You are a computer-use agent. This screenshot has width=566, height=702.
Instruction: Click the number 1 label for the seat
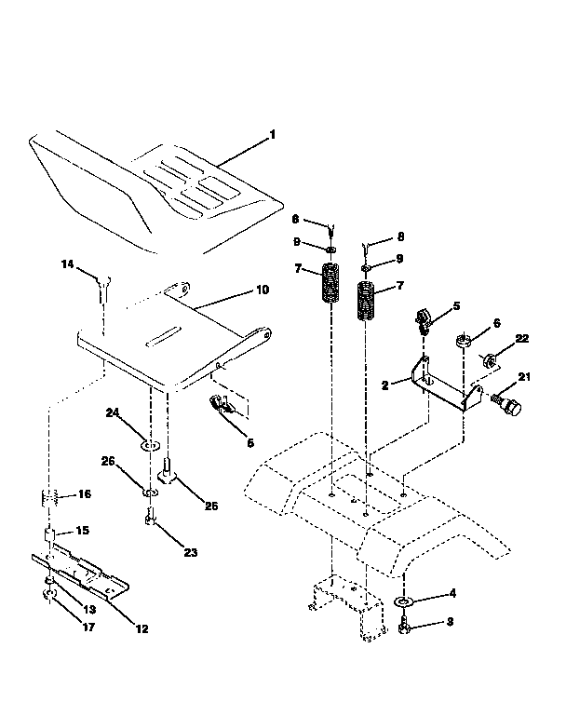272,135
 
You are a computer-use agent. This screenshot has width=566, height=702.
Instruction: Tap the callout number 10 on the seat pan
262,290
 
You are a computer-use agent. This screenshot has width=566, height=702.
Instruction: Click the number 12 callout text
141,628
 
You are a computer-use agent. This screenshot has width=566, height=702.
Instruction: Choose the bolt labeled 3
404,630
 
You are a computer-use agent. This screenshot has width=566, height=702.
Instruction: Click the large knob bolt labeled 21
510,406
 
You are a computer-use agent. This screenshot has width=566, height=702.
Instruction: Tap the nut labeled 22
486,358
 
